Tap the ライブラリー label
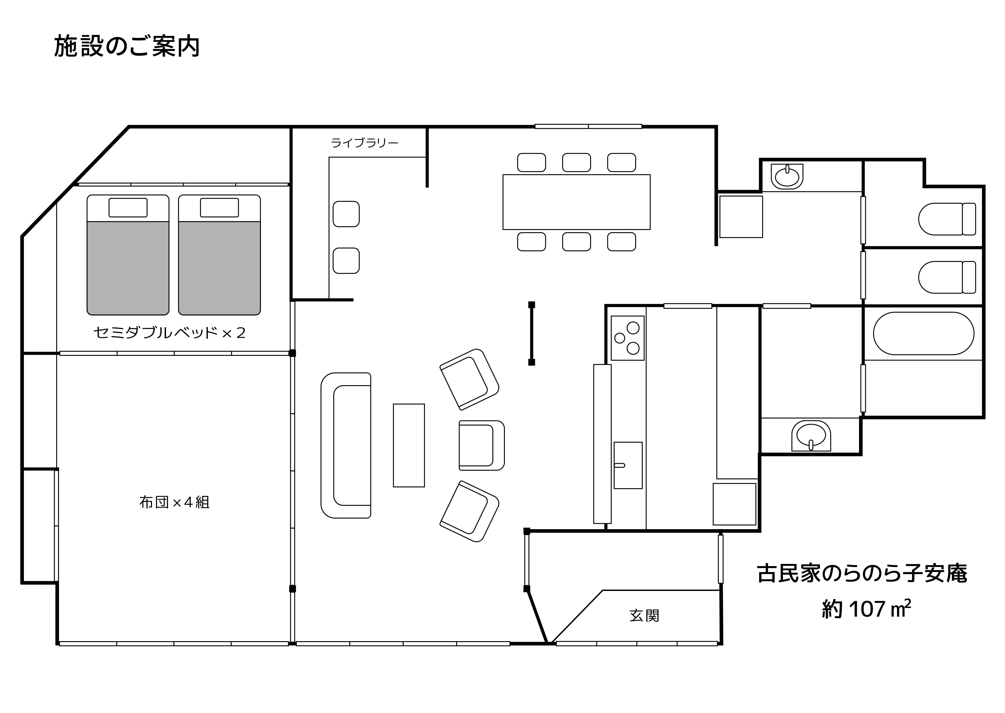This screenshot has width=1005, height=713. point(364,143)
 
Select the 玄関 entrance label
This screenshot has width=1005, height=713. point(644,616)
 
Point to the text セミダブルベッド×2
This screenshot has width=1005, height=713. point(169,333)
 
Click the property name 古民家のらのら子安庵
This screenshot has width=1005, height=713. point(862,574)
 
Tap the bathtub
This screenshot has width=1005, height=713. point(923,333)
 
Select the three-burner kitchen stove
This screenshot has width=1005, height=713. point(628,338)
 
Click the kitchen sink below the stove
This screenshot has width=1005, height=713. point(628,465)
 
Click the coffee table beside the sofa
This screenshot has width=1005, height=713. point(409,445)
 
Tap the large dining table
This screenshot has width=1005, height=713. point(576,202)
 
